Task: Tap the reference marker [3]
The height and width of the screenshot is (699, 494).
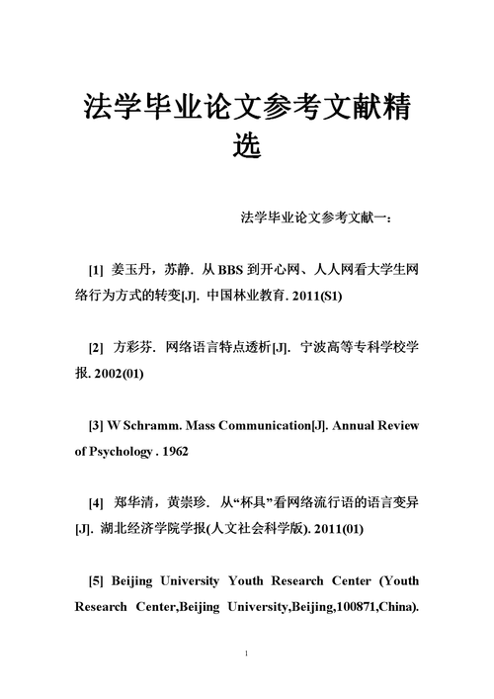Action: pyautogui.click(x=96, y=425)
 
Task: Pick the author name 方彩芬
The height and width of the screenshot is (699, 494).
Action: pyautogui.click(x=134, y=348)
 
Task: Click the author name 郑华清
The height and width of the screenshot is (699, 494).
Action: pyautogui.click(x=134, y=502)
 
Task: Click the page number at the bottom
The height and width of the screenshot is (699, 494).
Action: pyautogui.click(x=246, y=655)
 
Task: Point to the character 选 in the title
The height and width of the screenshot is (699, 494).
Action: pyautogui.click(x=246, y=146)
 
